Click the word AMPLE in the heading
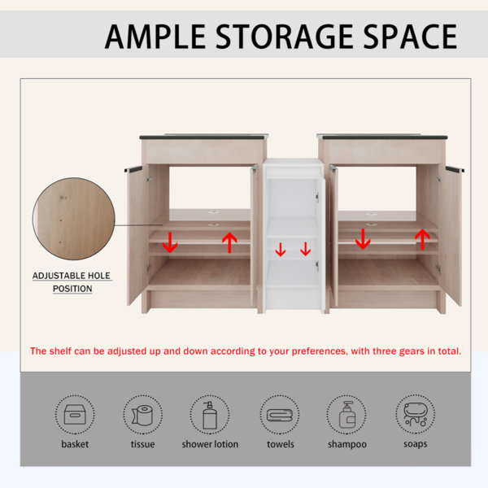[155, 37]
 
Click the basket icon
[75, 415]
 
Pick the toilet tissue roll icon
[142, 415]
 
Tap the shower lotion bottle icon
[210, 415]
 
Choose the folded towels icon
[280, 415]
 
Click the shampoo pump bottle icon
[347, 415]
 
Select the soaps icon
[415, 414]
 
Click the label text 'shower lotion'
[210, 444]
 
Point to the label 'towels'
[281, 444]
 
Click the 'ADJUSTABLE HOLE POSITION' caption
[72, 282]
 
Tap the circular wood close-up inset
[74, 219]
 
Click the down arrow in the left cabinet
[170, 242]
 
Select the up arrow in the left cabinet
[229, 242]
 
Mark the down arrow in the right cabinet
[363, 238]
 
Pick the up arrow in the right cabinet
[423, 238]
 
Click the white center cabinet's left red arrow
[281, 250]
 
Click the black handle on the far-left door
[133, 168]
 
